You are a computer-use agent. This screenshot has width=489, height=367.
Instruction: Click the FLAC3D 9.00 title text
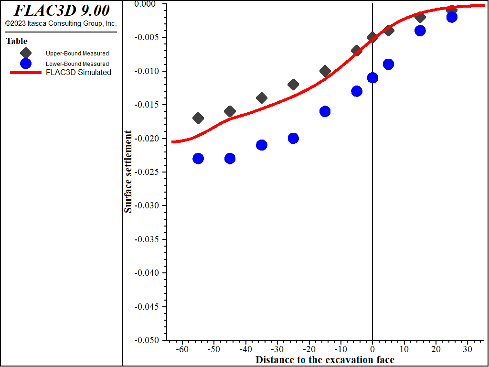(x=61, y=11)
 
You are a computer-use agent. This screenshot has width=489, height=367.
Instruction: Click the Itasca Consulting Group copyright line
(x=61, y=23)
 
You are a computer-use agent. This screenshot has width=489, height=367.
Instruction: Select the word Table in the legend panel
(x=17, y=41)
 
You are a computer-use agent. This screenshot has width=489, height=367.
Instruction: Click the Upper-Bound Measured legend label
(x=77, y=54)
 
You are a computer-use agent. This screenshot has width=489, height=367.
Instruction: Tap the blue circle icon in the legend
(x=26, y=64)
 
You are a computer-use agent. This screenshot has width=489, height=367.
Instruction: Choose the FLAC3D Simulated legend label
(x=78, y=73)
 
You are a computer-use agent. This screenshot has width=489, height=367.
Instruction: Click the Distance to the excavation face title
(x=325, y=359)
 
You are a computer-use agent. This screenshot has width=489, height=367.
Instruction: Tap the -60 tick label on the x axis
(x=182, y=349)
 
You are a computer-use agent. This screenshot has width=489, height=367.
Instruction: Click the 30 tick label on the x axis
(x=468, y=349)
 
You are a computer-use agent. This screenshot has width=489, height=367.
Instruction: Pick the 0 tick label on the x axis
(x=372, y=349)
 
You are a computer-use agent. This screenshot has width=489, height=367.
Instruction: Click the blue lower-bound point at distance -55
(x=198, y=159)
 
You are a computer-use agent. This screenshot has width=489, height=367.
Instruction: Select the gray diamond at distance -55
(x=198, y=118)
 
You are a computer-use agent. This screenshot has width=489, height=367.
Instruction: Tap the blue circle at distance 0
(x=372, y=77)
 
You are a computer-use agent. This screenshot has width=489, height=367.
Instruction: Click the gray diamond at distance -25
(x=293, y=85)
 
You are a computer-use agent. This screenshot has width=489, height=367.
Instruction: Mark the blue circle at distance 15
(x=420, y=31)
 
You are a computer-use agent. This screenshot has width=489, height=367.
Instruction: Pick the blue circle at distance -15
(x=325, y=111)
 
